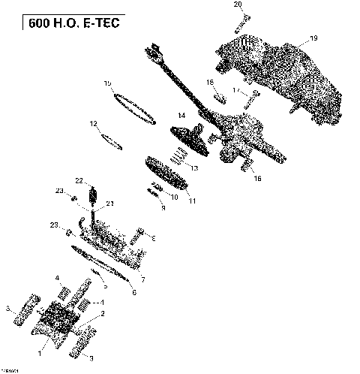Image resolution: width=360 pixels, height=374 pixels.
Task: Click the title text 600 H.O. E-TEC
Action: [73, 23]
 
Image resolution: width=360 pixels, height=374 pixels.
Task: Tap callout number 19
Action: [313, 38]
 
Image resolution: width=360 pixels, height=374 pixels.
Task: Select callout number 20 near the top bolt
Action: [238, 5]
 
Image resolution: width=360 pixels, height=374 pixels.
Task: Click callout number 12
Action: [94, 123]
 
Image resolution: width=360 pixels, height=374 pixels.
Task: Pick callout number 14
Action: [181, 115]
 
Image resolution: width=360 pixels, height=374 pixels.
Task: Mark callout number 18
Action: [210, 81]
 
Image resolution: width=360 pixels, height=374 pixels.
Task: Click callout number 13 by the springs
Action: [194, 168]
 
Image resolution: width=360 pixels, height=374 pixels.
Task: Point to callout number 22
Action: [79, 180]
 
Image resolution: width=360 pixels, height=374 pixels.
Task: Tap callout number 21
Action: [109, 204]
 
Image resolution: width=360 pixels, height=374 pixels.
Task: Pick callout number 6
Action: [133, 294]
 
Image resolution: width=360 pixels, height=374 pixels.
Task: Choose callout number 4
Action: [56, 279]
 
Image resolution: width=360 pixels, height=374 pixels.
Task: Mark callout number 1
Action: [40, 348]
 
